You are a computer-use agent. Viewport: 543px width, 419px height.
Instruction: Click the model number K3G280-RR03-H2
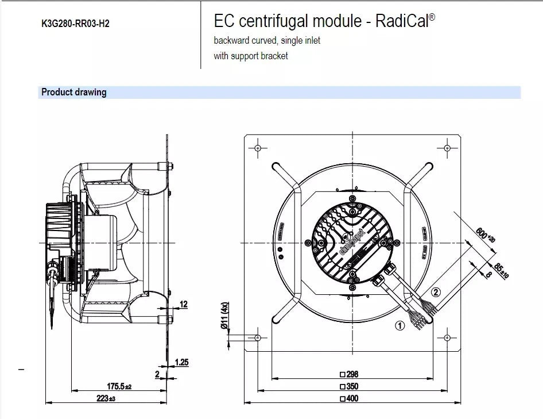75,25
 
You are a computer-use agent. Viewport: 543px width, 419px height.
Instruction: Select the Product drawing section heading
74,92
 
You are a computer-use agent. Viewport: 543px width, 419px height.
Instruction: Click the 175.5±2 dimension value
119,387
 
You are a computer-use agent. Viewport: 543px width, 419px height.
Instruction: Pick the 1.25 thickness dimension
182,362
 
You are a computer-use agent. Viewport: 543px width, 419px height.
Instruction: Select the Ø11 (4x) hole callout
226,316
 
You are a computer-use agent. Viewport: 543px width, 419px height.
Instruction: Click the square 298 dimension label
349,374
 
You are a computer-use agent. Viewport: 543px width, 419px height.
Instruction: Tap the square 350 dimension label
349,386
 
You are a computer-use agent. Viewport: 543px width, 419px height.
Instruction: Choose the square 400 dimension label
349,398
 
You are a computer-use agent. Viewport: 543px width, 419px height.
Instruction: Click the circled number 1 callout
400,325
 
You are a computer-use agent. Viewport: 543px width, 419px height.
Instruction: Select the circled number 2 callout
436,292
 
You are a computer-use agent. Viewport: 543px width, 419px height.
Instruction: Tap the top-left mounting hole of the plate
258,148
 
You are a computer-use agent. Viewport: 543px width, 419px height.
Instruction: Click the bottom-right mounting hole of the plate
447,337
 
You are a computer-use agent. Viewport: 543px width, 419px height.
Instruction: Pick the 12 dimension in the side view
183,303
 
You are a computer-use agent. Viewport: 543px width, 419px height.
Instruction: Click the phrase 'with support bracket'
251,56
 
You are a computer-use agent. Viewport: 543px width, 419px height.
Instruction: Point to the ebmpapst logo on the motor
356,241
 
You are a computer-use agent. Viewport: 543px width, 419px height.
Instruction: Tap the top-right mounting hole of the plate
447,148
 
